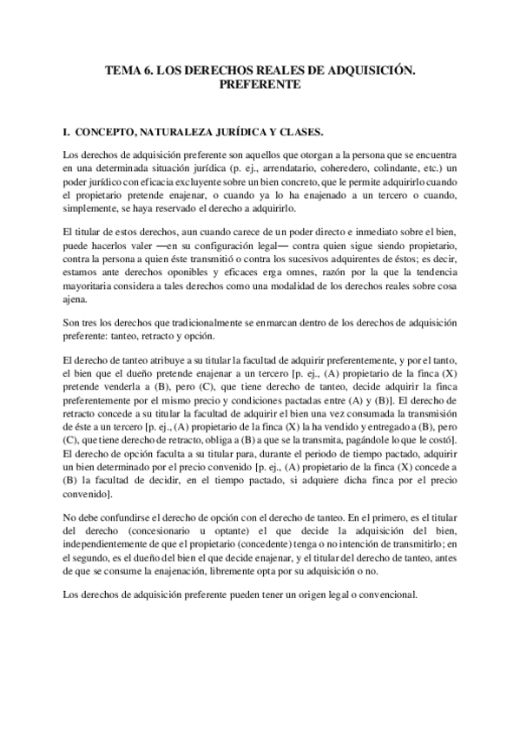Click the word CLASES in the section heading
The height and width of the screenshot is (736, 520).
tap(299, 133)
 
